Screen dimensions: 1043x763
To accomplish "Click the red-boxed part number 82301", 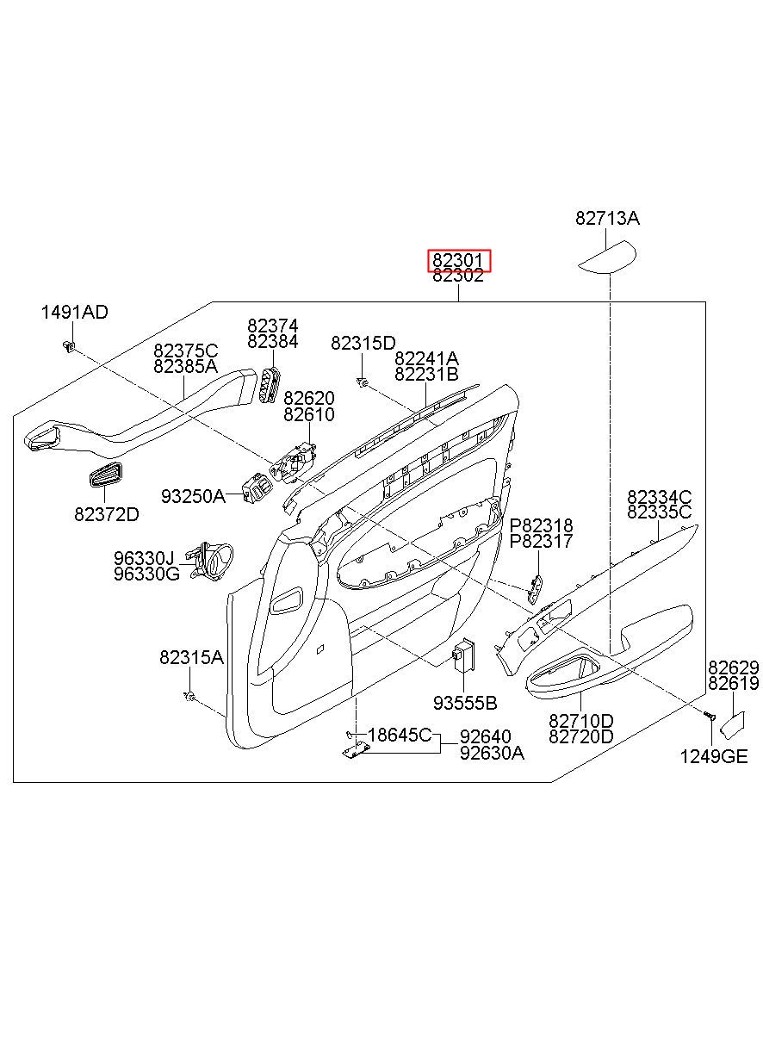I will [x=459, y=260].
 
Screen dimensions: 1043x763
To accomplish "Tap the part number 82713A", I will [x=607, y=219].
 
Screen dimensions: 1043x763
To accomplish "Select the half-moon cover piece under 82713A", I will [x=607, y=257].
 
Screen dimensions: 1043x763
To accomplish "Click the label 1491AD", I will [x=75, y=312].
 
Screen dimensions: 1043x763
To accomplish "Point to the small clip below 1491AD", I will [x=68, y=346].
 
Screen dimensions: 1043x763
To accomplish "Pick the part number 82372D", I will [x=106, y=514].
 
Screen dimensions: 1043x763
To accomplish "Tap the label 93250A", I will [x=193, y=496].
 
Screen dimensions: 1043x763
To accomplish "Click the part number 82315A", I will [x=190, y=658].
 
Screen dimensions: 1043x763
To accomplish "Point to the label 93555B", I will [x=465, y=703].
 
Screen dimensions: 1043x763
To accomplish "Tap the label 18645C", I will [x=400, y=735].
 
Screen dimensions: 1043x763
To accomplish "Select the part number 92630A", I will [x=492, y=753].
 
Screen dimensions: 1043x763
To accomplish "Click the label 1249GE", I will [x=714, y=756].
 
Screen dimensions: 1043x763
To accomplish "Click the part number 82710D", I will [x=582, y=720].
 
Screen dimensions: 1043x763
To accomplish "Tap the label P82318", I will [x=542, y=525].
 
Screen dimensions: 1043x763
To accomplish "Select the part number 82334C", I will [x=659, y=497].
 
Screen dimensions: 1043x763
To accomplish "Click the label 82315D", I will [x=363, y=343].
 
